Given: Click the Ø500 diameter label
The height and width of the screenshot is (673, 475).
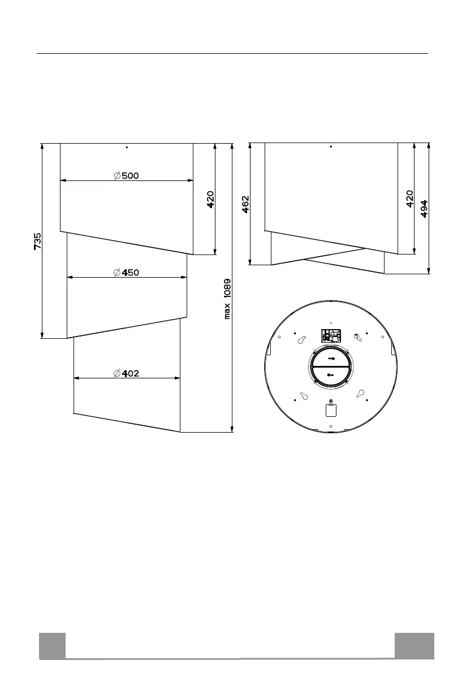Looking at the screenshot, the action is click(x=126, y=175).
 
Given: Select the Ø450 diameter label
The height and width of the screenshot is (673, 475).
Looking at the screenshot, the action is click(x=126, y=273).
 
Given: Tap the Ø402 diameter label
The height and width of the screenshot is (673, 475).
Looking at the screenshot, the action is click(x=126, y=373).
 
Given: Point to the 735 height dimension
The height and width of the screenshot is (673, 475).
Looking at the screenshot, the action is click(x=38, y=241).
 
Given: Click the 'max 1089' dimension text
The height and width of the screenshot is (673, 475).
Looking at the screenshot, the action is click(x=227, y=299).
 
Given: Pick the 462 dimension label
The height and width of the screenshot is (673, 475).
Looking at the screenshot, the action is click(x=245, y=204).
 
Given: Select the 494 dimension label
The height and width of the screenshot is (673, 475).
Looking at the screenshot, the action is click(x=424, y=209).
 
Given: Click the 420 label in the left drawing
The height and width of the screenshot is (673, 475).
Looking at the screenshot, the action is click(x=210, y=200).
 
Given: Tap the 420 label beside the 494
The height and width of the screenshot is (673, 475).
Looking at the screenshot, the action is click(x=410, y=199).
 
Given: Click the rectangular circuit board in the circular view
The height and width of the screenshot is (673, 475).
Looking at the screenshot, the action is click(x=331, y=335).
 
